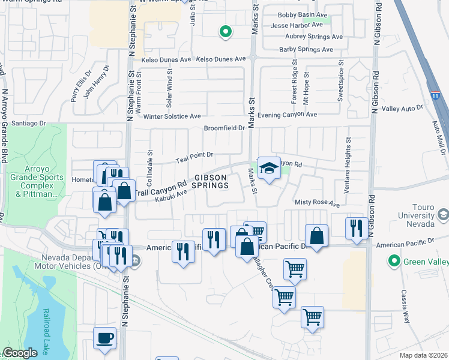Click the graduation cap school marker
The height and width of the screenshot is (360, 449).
tap(269, 168)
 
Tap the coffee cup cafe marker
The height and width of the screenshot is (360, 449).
tap(105, 339)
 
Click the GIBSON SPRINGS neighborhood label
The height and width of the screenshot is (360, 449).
tap(210, 181)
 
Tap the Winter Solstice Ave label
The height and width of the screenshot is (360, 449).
tap(171, 116)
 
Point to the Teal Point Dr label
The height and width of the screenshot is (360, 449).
tap(194, 157)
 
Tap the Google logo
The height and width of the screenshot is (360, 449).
tap(20, 353)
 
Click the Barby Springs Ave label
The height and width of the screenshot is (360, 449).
tap(310, 50)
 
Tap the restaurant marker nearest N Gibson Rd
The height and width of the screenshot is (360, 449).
tap(357, 228)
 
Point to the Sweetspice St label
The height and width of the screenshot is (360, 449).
tap(340, 79)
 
